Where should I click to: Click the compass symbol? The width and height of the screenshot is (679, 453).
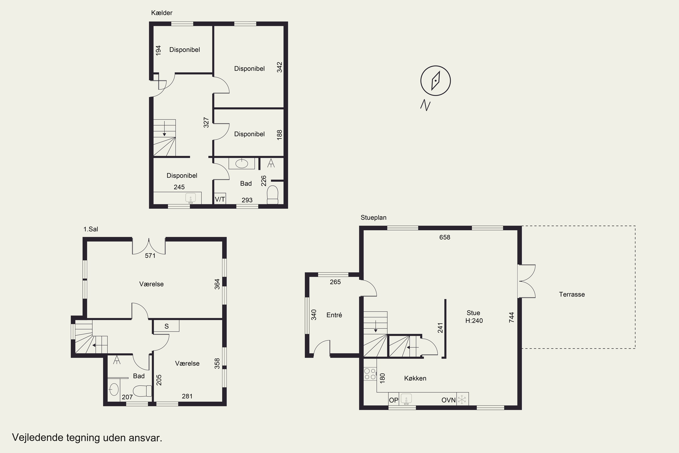pos(435,81)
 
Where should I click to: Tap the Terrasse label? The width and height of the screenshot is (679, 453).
pos(572,294)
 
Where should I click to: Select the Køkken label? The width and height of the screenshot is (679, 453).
pos(415,378)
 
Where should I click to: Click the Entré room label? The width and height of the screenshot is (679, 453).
pos(334,315)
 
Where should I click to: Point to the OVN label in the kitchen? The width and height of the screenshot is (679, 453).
pos(448,400)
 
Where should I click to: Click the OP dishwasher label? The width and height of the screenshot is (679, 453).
pos(394,400)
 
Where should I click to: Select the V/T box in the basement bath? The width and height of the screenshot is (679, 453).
pos(220,199)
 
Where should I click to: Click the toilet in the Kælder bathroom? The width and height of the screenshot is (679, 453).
pos(273,195)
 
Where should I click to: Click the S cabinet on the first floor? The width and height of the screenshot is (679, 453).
pos(166,326)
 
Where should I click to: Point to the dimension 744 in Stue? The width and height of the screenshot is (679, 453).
pos(511,317)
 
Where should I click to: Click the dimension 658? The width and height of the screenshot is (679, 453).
pos(445,237)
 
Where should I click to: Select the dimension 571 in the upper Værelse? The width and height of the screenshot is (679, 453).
pos(150,255)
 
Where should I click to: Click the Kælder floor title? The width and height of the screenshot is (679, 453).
pos(162,13)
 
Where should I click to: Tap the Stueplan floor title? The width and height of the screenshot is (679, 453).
pos(373,217)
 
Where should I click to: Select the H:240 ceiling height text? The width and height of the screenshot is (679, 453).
pos(474,320)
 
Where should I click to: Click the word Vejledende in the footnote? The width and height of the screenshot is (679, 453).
pos(38,438)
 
